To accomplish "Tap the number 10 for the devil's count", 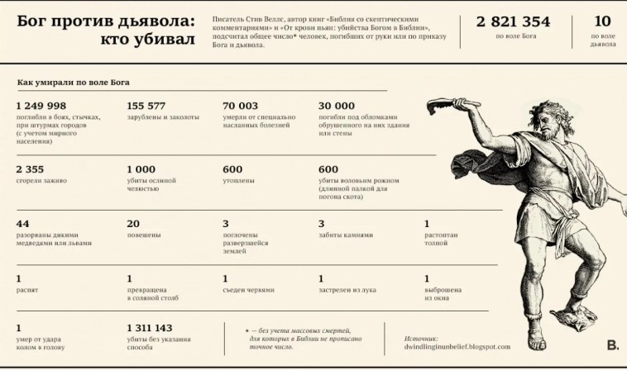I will (x=602, y=22).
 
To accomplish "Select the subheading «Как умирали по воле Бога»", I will (x=74, y=83).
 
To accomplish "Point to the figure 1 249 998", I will (x=41, y=106).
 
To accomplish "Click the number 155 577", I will (x=146, y=106).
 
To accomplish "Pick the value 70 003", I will (x=241, y=106).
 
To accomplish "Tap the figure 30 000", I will (x=337, y=106).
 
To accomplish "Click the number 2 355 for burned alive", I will (x=30, y=168).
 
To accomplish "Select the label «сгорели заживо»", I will (x=41, y=180).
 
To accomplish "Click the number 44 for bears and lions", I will (x=22, y=223).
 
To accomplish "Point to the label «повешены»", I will (x=144, y=235).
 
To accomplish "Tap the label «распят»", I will (x=26, y=290).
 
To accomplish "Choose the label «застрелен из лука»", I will (x=348, y=290).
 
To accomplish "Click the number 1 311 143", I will (x=150, y=327).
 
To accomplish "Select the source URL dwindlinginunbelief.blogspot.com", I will (x=457, y=347).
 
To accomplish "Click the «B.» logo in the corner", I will (x=612, y=345).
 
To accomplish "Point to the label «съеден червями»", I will (x=248, y=290).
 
